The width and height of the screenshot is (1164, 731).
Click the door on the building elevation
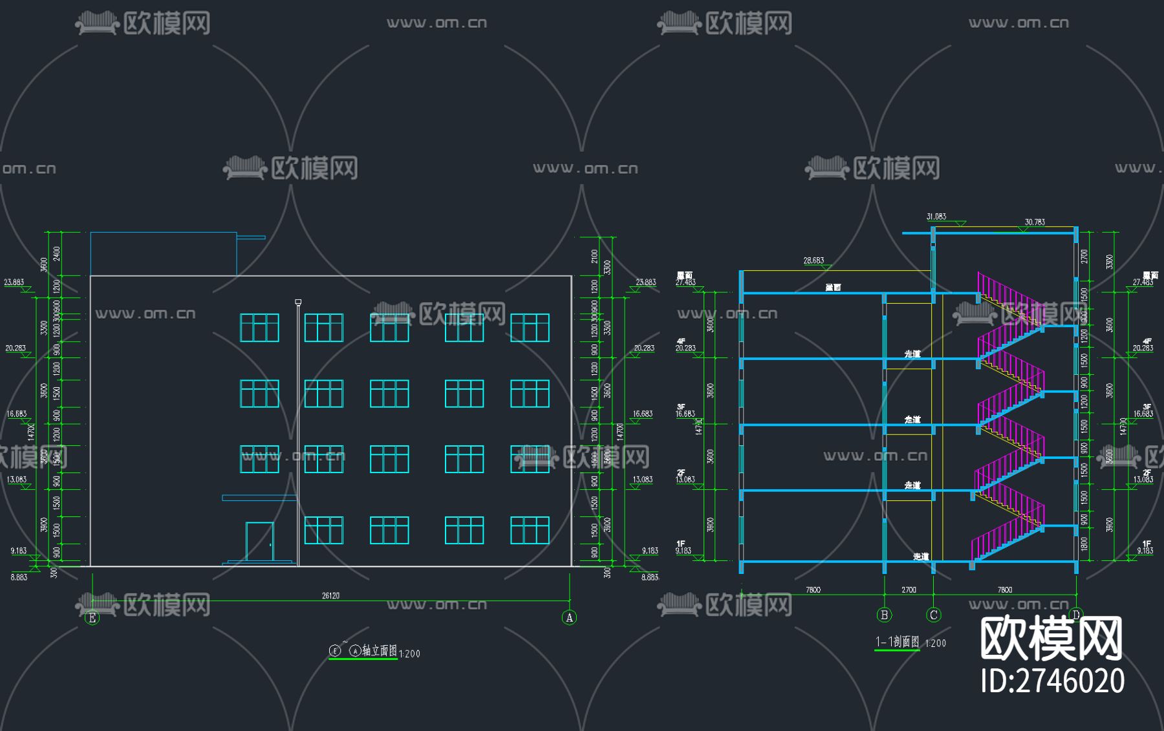(259, 541)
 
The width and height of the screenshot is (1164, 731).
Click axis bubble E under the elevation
(92, 618)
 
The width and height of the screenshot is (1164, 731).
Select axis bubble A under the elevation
(569, 618)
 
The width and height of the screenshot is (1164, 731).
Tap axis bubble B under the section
(884, 615)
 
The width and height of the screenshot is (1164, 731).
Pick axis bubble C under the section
(933, 615)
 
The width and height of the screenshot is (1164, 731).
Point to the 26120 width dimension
(330, 595)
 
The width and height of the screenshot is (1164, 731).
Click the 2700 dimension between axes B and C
(909, 589)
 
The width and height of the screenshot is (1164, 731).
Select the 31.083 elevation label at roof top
(936, 217)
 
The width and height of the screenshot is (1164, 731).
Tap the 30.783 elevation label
(1035, 222)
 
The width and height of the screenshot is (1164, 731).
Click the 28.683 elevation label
(814, 260)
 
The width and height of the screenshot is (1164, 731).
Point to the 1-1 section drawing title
(897, 642)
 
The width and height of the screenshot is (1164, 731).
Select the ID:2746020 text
(1052, 681)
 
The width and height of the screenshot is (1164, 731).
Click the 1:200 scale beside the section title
(935, 644)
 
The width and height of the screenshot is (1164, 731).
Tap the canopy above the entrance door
(259, 498)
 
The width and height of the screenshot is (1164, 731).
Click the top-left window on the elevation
(259, 328)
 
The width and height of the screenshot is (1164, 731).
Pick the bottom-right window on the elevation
(530, 530)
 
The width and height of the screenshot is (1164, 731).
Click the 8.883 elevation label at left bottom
(19, 577)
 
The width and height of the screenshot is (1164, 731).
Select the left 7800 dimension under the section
(813, 589)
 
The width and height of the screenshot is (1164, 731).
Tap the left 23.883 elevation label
(14, 282)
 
